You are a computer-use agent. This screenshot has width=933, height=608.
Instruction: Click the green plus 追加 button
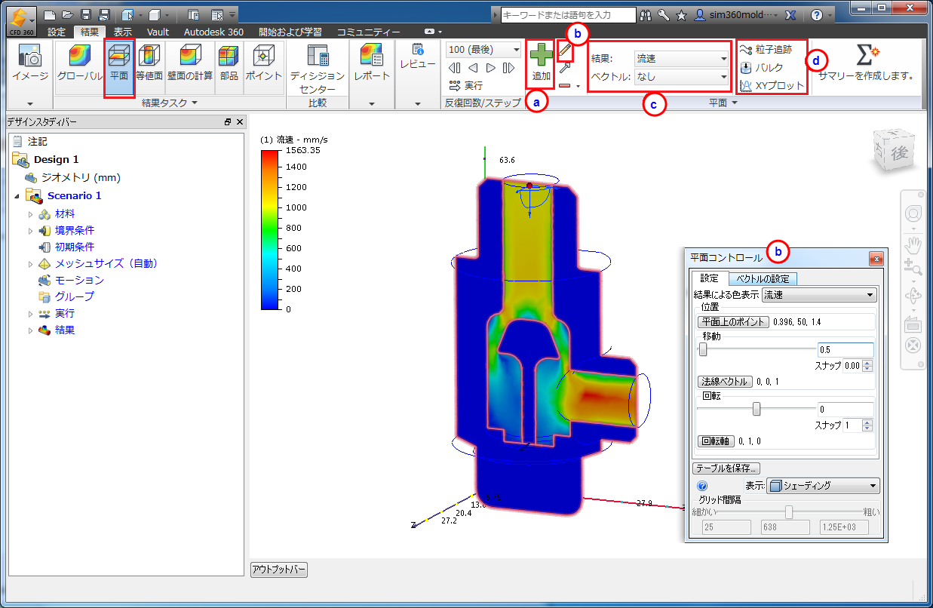coord(541,63)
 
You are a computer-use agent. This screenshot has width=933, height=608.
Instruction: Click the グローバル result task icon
coord(79,63)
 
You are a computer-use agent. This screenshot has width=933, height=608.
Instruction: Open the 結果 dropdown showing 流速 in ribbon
coord(681,59)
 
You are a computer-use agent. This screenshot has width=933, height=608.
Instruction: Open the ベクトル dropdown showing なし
coord(681,77)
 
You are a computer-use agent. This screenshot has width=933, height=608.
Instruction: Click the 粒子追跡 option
coord(766,50)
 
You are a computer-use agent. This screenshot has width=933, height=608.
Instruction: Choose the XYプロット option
coord(772,85)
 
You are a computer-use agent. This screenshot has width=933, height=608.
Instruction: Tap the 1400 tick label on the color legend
coord(296,167)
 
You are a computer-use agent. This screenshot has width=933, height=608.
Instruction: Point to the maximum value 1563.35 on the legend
coord(302,150)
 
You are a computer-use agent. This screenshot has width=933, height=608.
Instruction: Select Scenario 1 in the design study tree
coord(74,195)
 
